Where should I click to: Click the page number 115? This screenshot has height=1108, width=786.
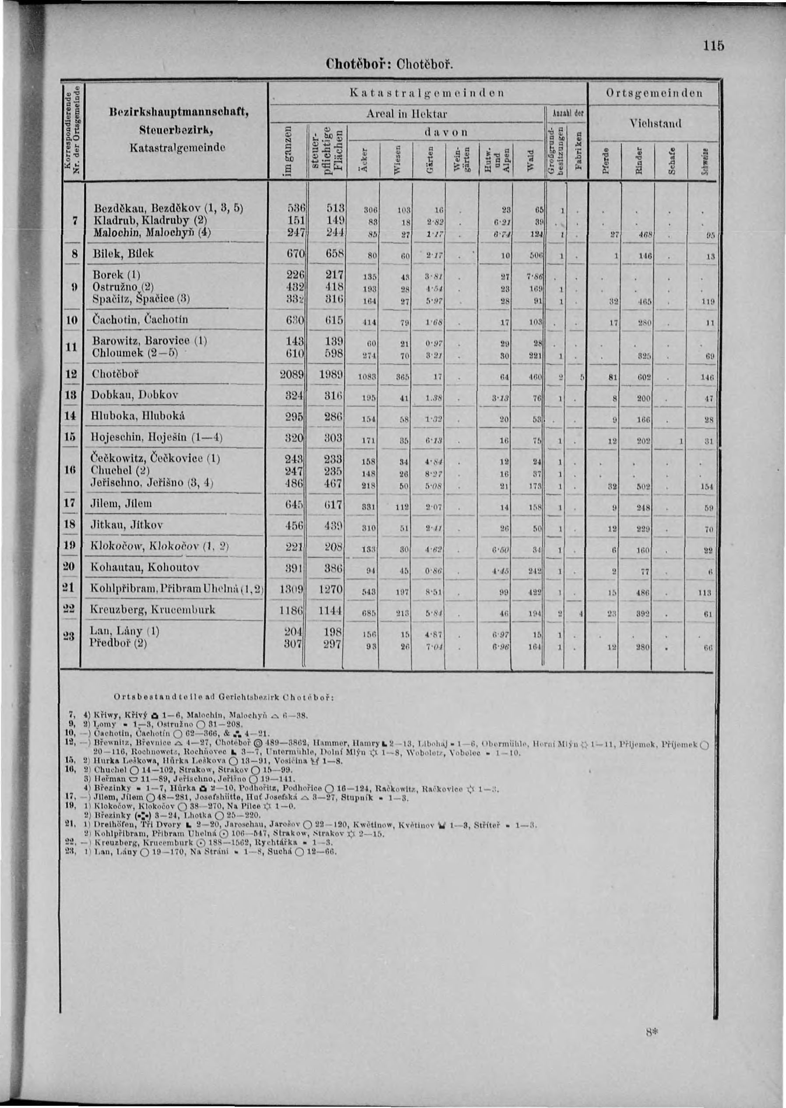(714, 46)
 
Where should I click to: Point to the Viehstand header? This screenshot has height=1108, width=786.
(656, 124)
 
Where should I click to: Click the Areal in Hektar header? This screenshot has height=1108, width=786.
(406, 114)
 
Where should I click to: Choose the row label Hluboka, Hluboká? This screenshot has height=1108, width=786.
(138, 415)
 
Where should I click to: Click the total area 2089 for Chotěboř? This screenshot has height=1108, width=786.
(291, 374)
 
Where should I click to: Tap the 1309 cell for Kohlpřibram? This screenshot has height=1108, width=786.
(291, 589)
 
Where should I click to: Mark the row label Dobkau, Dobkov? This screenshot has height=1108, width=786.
(134, 395)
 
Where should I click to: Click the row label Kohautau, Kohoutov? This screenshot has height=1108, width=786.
(145, 567)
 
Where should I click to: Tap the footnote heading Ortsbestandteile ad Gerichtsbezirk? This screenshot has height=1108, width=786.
(225, 697)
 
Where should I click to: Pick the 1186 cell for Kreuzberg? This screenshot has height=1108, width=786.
(291, 610)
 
